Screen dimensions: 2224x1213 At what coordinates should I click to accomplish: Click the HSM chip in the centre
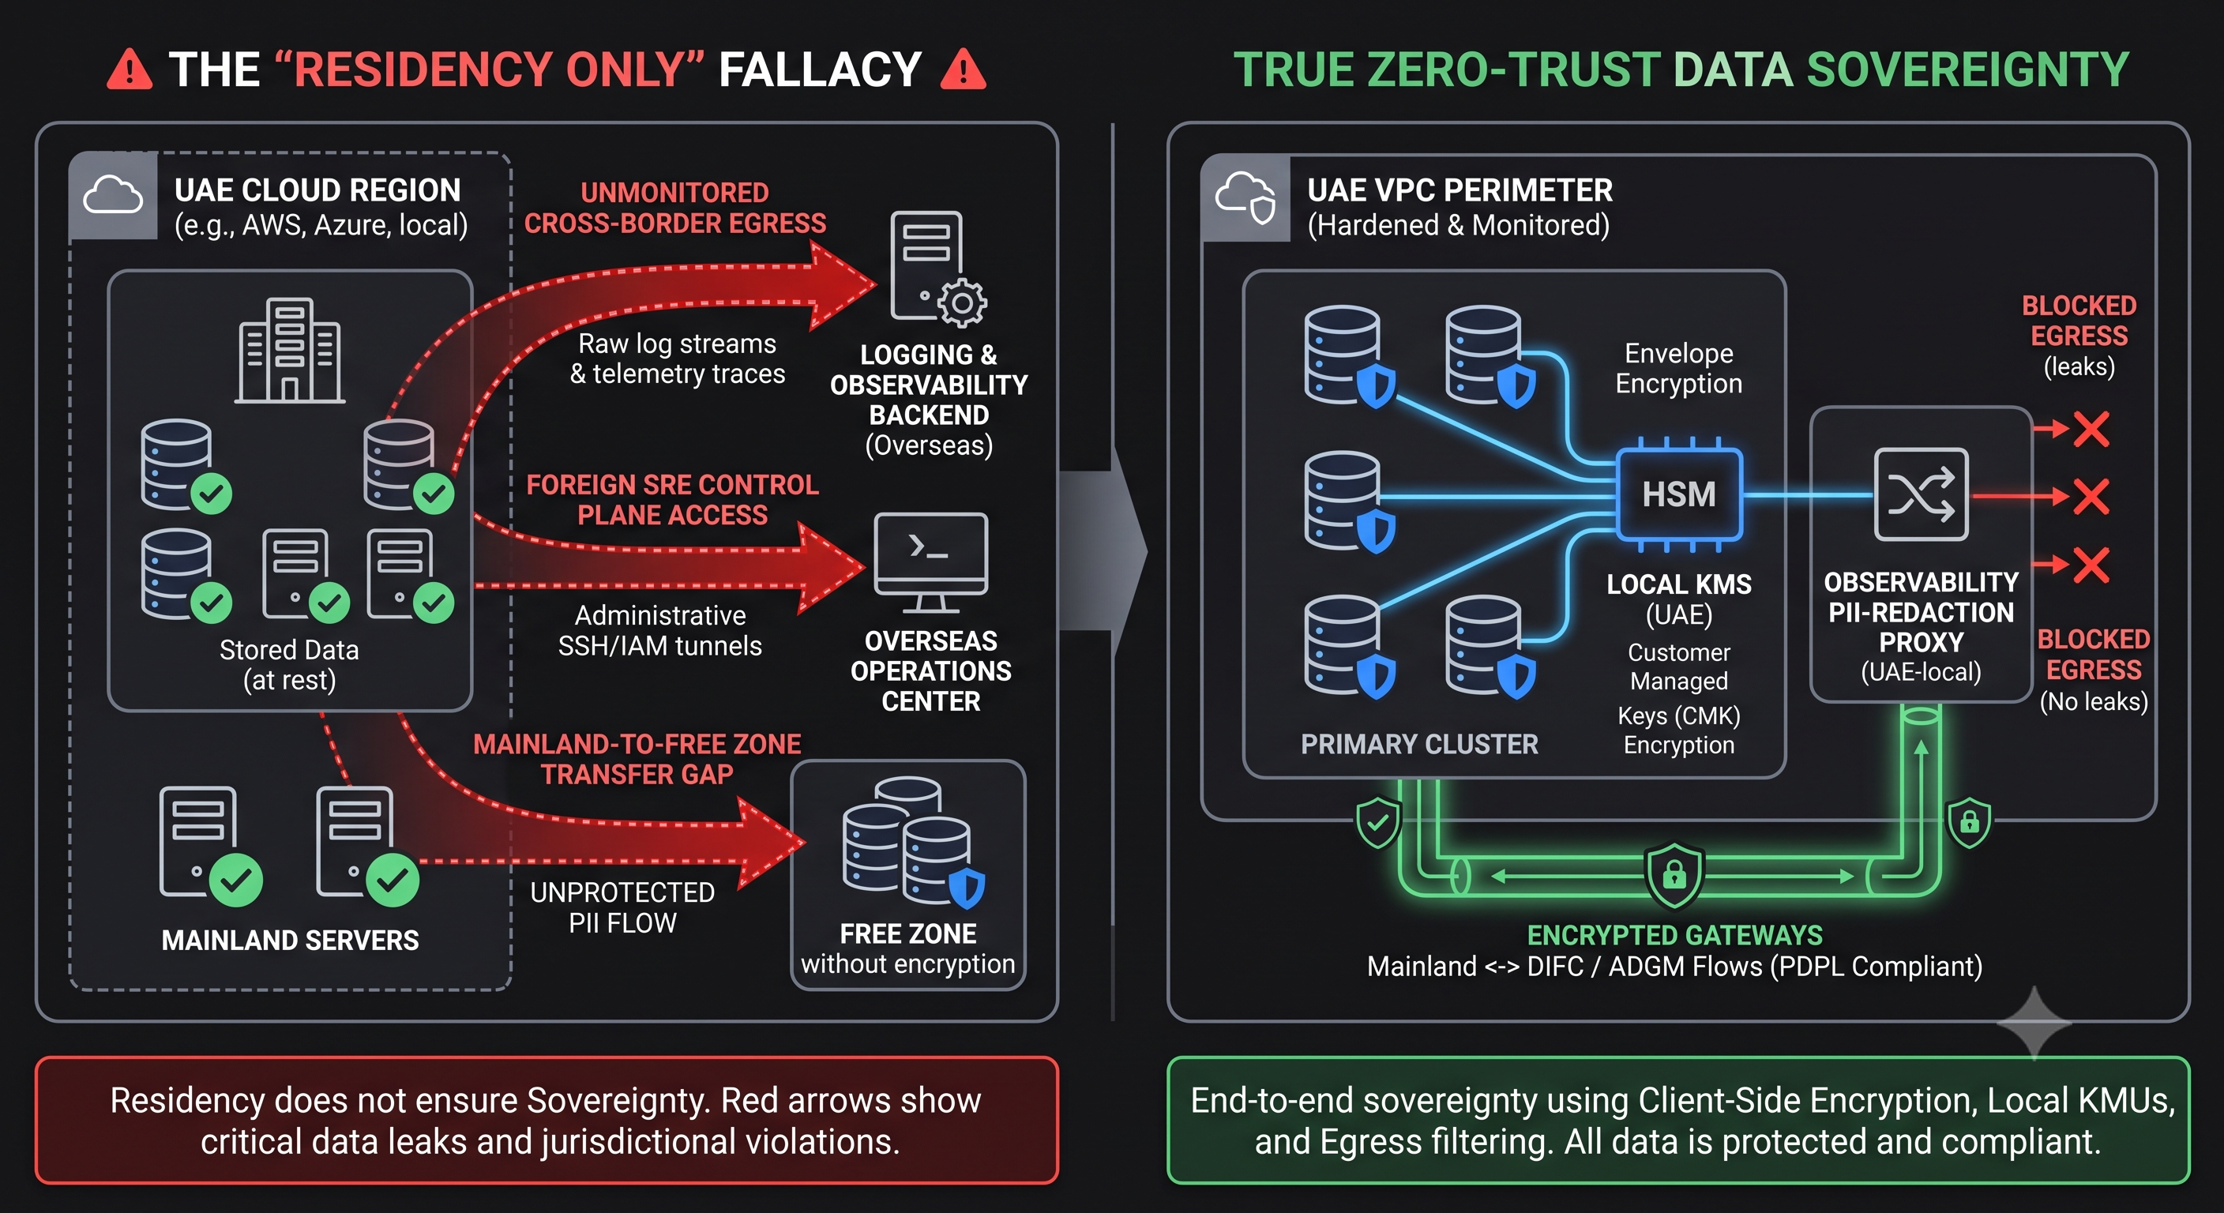(1678, 494)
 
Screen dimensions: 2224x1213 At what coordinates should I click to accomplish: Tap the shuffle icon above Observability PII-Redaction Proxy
(1921, 494)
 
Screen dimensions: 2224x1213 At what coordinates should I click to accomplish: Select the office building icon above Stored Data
(290, 351)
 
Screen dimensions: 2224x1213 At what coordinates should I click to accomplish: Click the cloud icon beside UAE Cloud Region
(113, 196)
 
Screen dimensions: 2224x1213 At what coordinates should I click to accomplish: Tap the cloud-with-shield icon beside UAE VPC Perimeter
(1245, 197)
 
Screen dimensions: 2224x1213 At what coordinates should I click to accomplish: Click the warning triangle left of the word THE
(130, 70)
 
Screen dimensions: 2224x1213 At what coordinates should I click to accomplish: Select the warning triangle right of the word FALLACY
(963, 70)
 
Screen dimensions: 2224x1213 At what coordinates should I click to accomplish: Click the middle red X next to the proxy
(2091, 497)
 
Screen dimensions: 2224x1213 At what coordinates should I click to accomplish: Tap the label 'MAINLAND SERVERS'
(290, 941)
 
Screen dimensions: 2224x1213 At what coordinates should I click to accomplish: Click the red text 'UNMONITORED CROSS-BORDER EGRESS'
(675, 207)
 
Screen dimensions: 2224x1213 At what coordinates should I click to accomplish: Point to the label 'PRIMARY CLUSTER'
(1419, 744)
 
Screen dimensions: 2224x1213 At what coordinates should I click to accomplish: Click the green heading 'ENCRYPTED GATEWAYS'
(1675, 935)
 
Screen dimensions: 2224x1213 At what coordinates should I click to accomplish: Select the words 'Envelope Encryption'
(1678, 368)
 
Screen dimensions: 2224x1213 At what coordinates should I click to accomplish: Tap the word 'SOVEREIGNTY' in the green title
(1967, 70)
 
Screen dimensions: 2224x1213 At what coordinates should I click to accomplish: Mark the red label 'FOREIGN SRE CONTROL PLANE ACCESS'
(673, 500)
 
